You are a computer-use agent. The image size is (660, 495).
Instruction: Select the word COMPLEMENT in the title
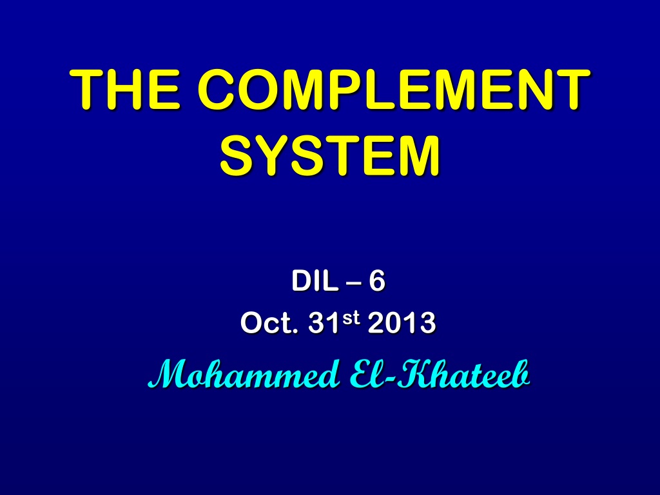[394, 89]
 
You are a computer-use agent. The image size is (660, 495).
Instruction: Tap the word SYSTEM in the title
[330, 155]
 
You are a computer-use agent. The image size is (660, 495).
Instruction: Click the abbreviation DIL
[315, 281]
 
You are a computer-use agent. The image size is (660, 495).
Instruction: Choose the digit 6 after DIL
[376, 281]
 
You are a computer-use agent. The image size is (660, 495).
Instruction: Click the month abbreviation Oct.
[269, 324]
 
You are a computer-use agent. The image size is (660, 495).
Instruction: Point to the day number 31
[324, 324]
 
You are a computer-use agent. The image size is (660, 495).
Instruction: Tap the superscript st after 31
[351, 318]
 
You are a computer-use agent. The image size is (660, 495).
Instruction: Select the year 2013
[402, 324]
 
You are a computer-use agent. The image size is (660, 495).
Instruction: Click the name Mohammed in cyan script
[244, 374]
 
